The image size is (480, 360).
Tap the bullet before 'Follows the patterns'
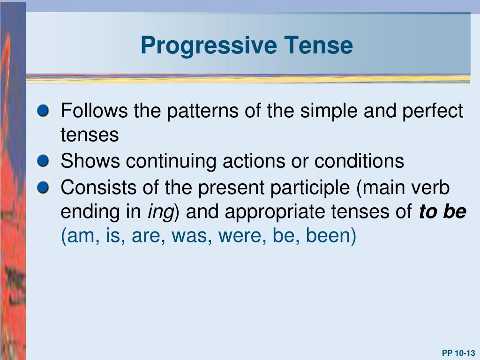click(43, 112)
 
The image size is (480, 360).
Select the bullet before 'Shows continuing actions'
click(43, 162)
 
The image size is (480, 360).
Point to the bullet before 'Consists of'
click(43, 187)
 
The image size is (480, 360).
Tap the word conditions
click(359, 162)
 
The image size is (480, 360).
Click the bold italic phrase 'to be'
click(442, 212)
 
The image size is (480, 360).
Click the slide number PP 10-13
click(458, 353)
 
